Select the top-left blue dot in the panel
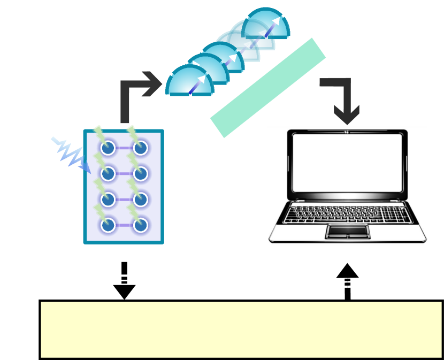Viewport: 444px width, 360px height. pos(108,148)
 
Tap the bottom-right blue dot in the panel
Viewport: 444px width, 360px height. pos(140,225)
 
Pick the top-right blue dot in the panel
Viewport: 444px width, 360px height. pos(140,148)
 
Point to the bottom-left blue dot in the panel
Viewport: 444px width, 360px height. pos(108,225)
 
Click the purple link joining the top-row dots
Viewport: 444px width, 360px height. pos(124,148)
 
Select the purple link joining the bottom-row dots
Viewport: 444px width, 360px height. pos(124,225)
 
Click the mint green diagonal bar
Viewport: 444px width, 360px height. pos(268,88)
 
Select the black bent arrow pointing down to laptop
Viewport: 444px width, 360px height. pos(342,99)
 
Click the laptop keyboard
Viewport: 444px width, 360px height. pos(347,214)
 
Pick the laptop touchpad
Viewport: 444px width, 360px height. pos(348,232)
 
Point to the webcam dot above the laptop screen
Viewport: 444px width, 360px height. pos(347,132)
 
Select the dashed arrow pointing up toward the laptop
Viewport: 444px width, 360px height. pos(347,281)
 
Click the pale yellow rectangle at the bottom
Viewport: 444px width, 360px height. pos(241,330)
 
